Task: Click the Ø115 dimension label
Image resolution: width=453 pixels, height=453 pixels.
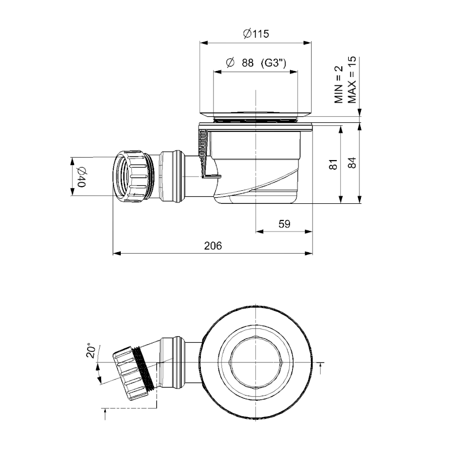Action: (x=255, y=34)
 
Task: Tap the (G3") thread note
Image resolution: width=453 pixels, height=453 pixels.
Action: (x=274, y=63)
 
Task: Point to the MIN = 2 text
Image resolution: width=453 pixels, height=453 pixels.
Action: (x=339, y=84)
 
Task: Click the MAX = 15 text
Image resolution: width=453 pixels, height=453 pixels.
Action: (x=352, y=80)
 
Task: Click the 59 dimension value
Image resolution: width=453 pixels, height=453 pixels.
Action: (x=284, y=224)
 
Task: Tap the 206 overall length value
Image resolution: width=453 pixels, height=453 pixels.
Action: (x=213, y=246)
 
